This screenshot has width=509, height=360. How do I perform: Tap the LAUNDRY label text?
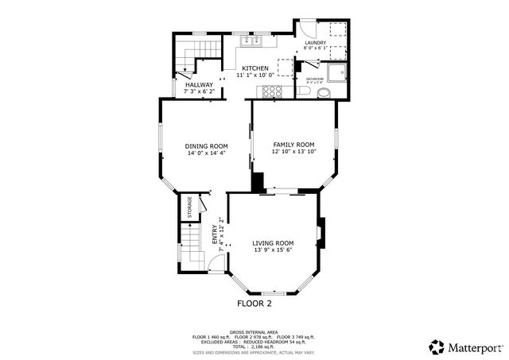point(315,43)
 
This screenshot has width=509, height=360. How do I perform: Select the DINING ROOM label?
point(206,146)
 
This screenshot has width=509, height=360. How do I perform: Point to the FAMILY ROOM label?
point(293,145)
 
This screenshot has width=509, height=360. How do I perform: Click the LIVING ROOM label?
point(273,243)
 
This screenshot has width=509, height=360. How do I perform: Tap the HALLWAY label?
point(199,85)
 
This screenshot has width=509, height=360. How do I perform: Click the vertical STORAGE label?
point(189,207)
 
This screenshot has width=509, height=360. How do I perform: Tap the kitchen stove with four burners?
point(271,91)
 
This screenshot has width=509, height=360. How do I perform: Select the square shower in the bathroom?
point(339,72)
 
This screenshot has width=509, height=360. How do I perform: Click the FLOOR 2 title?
point(254,304)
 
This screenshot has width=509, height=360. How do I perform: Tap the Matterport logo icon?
point(436,346)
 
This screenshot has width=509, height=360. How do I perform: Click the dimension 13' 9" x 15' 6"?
point(273,251)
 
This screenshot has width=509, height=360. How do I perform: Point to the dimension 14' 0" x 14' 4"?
point(206,153)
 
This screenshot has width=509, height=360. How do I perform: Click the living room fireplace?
point(321,233)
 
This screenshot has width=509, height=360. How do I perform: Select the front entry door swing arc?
point(216,263)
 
